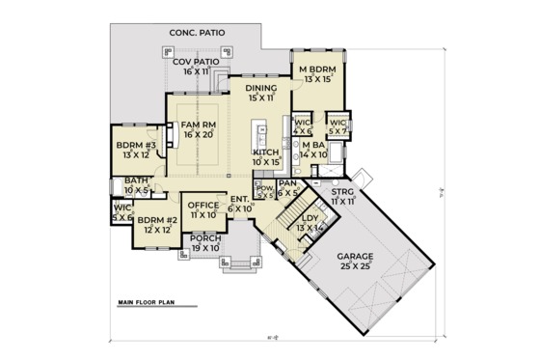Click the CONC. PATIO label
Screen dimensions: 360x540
point(197,33)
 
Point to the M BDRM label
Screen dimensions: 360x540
point(315,73)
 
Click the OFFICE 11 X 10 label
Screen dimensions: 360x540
point(202,209)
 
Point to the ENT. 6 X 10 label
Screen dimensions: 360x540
point(240,205)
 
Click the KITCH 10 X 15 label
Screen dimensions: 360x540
point(266,156)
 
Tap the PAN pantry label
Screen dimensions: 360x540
point(286,186)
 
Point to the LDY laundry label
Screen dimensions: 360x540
point(310,223)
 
